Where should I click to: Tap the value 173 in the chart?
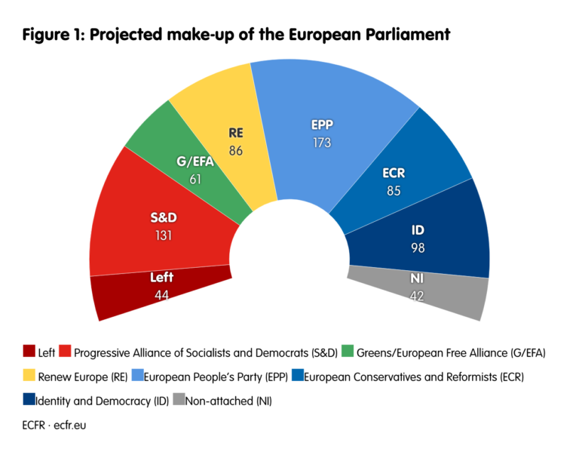coord(322,142)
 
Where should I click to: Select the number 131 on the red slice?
coord(162,235)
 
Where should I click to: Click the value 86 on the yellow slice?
coord(236,150)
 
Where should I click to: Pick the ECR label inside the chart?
coord(394,174)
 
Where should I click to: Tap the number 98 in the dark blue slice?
coord(417,247)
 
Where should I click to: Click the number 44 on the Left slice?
coord(161,294)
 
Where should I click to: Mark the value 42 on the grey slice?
coord(417,295)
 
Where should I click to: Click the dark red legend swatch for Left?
coord(29,351)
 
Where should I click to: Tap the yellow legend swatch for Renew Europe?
coord(29,376)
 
